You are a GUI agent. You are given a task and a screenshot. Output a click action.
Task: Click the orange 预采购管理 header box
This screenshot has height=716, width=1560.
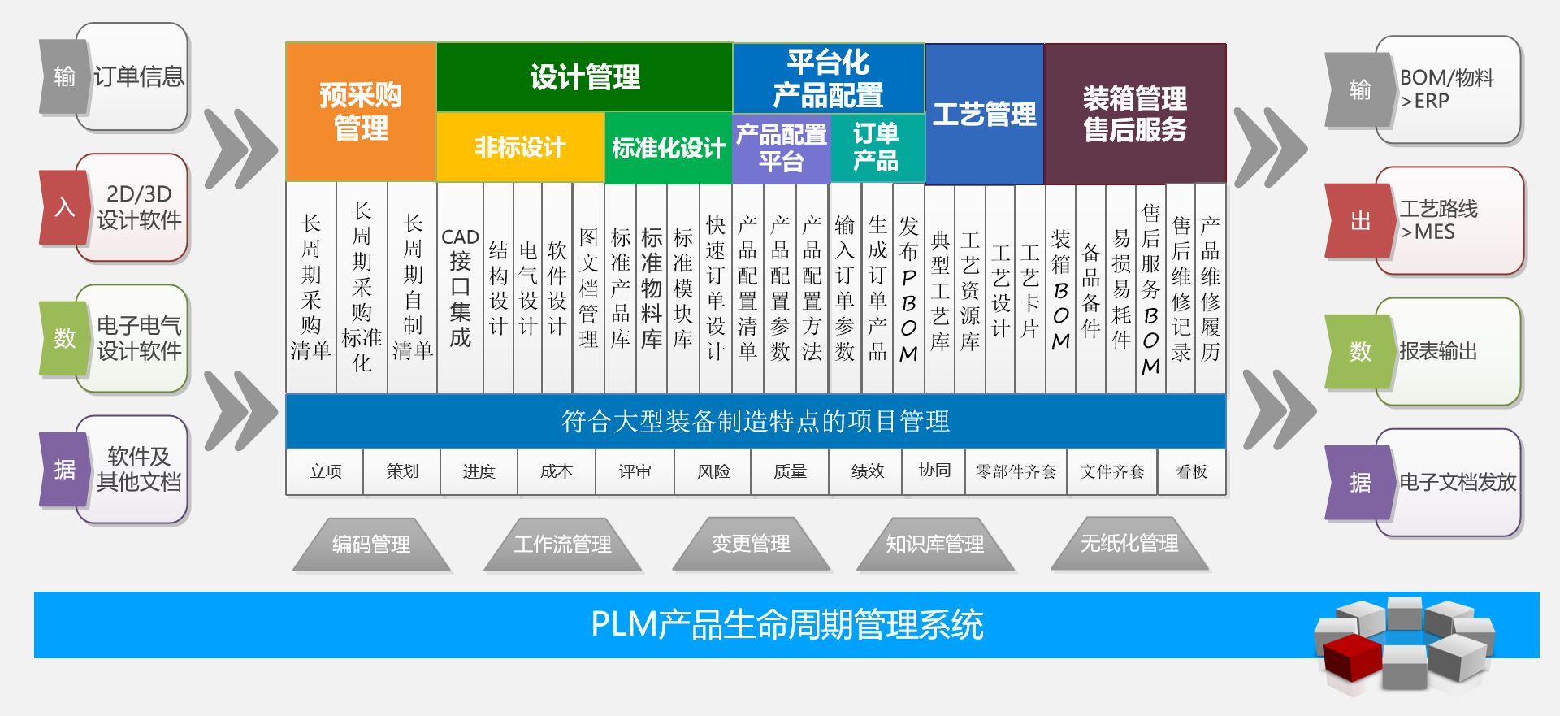[361, 111]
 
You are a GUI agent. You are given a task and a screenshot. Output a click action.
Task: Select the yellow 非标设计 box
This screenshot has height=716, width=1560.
[520, 147]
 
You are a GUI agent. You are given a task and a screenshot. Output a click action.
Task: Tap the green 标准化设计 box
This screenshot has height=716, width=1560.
[668, 148]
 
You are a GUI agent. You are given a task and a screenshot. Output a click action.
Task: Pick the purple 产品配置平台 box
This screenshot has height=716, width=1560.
[781, 148]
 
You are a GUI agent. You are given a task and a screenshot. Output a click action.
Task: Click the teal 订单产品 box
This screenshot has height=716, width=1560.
[876, 148]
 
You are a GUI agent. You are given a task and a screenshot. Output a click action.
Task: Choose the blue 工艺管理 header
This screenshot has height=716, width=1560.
[984, 114]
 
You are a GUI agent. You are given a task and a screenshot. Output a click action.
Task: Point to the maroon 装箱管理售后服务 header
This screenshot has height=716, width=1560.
[1134, 114]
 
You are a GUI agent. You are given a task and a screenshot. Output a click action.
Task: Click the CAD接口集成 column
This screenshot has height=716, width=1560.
[460, 288]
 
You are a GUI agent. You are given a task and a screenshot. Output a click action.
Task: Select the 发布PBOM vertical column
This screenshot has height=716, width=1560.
[908, 288]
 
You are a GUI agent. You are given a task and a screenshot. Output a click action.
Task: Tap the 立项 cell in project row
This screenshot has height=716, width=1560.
[325, 471]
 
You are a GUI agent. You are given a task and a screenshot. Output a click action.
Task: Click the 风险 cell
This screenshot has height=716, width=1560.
[713, 471]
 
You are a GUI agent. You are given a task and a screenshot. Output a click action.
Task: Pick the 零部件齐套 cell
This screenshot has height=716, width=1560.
[1016, 471]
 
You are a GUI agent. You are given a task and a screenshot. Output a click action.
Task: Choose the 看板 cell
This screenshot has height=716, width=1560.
[1191, 471]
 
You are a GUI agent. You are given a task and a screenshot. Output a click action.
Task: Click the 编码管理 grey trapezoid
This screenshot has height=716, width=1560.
[371, 545]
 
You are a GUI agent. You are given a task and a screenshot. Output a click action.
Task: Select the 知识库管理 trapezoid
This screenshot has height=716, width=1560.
[934, 545]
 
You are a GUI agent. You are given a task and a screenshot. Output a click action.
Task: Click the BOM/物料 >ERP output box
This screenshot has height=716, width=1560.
[1446, 89]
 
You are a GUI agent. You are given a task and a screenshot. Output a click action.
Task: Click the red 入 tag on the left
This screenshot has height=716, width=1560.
[63, 207]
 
